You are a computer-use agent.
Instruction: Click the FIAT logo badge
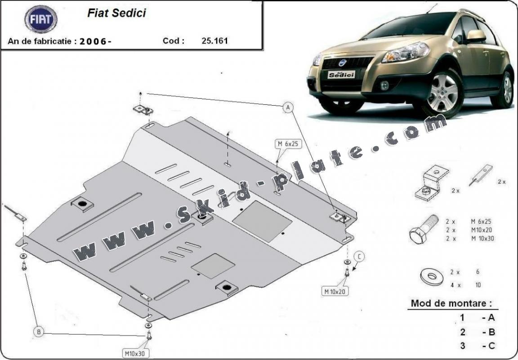41,19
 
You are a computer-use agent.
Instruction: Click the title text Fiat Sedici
116,13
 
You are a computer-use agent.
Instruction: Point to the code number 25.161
215,40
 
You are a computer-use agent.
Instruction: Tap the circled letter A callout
288,107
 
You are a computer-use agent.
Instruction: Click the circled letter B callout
39,332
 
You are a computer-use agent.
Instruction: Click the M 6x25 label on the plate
288,144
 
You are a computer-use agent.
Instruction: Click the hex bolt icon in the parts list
423,228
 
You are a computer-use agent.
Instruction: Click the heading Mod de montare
448,303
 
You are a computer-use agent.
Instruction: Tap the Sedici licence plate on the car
341,75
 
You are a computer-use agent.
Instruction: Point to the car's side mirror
476,36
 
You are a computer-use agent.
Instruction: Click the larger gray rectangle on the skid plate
263,221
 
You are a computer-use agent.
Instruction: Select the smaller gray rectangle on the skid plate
213,265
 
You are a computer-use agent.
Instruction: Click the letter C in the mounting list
491,346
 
